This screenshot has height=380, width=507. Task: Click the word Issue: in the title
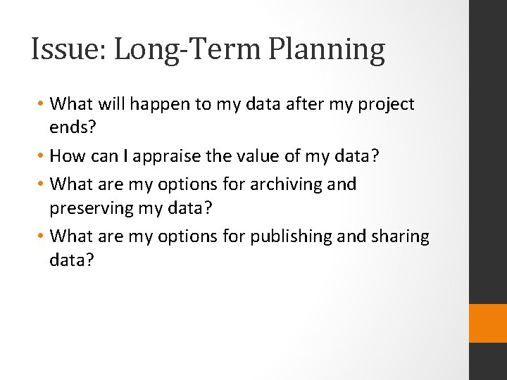click(68, 51)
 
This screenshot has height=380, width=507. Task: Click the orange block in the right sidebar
click(488, 323)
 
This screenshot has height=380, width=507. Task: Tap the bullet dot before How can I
click(42, 156)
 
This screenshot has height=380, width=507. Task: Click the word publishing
click(287, 236)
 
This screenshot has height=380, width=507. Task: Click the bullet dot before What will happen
click(42, 104)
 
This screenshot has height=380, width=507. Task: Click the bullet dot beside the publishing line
click(42, 236)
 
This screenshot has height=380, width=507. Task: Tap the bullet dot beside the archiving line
click(42, 184)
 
